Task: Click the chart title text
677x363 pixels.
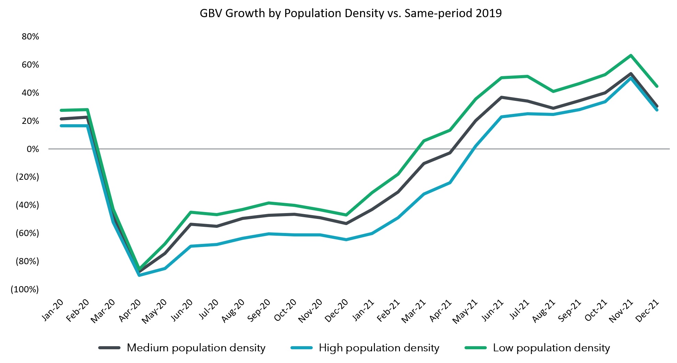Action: (x=351, y=13)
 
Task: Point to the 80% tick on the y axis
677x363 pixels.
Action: (x=30, y=37)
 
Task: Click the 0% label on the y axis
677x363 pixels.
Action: (x=33, y=149)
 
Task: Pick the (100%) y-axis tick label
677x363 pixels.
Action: (x=25, y=290)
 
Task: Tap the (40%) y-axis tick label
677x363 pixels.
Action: (x=27, y=205)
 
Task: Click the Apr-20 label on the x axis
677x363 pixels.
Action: (x=130, y=311)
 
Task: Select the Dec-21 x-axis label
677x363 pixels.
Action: (x=647, y=311)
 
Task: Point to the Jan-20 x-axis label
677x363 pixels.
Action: (x=53, y=311)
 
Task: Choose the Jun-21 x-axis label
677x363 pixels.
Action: (x=492, y=311)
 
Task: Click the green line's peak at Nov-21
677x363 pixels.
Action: (x=631, y=55)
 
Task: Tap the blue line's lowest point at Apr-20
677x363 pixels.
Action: (x=139, y=275)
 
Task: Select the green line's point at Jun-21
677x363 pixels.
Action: (x=502, y=78)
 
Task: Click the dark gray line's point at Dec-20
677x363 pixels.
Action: (x=346, y=224)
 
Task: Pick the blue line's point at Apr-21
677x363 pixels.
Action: (x=450, y=183)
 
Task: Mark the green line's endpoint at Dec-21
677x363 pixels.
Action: (x=656, y=86)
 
